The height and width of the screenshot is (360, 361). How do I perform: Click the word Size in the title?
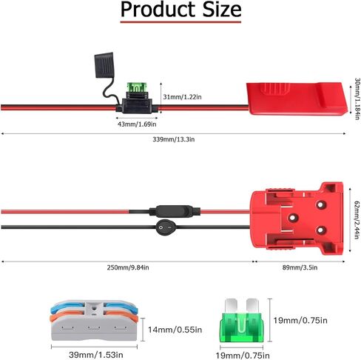coord(222,10)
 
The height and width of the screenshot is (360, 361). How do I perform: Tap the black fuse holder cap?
coord(104,65)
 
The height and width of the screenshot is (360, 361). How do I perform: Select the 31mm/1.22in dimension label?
coord(182,97)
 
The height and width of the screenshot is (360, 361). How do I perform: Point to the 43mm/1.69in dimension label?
coord(137,124)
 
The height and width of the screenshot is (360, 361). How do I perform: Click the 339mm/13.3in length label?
coord(174,139)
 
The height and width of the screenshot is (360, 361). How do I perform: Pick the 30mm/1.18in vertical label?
coord(357,99)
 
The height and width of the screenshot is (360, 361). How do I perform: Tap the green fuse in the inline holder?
coord(137,87)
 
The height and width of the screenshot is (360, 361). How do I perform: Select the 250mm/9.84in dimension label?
coord(128,267)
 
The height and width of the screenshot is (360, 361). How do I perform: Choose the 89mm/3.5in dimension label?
coord(300,267)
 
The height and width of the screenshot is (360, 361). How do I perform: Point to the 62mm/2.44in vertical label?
coord(357,220)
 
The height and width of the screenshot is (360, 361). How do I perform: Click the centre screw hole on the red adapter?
coord(293,218)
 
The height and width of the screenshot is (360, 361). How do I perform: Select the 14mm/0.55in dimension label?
coord(175,330)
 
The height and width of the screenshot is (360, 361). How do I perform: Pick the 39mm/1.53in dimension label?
coord(96,355)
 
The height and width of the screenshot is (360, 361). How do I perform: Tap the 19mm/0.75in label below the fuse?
coord(243,356)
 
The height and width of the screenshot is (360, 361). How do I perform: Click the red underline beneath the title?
coord(180,22)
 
